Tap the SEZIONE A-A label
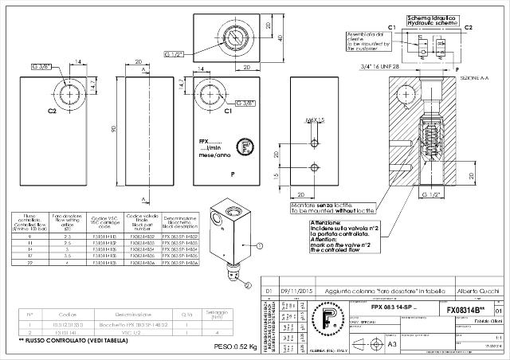click(476, 78)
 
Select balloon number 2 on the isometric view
click(247, 284)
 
